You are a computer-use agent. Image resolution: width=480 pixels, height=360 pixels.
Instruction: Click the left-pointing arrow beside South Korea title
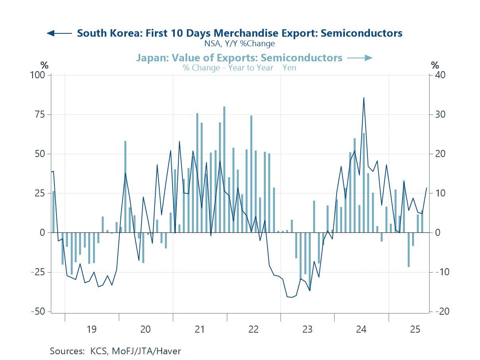(x=59, y=33)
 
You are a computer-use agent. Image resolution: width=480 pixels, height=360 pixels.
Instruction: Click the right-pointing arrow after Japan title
(x=360, y=58)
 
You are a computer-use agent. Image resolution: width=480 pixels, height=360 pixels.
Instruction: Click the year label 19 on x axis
(x=91, y=329)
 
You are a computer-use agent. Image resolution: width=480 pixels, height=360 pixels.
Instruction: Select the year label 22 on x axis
(x=254, y=329)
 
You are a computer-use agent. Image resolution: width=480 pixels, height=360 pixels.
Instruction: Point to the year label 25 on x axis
(x=415, y=329)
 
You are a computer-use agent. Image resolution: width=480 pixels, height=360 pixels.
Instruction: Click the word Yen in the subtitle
(x=289, y=68)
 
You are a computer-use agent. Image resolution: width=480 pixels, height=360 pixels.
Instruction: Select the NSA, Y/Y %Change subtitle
(x=240, y=43)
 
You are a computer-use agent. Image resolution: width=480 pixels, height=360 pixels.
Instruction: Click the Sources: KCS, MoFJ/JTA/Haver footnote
(x=115, y=351)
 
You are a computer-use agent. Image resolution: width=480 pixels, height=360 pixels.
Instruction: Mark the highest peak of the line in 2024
(x=364, y=98)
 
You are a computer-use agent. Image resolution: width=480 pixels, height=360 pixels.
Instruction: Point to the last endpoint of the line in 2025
(x=427, y=188)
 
